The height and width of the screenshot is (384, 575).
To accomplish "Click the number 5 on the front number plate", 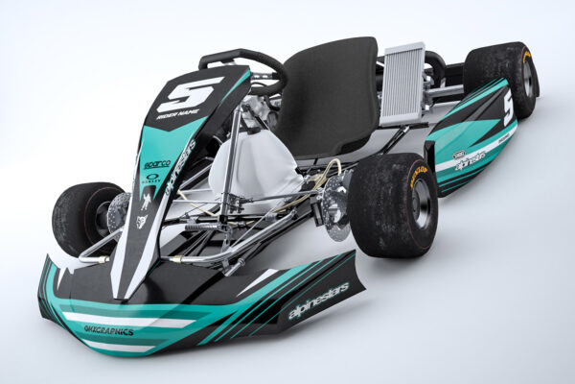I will (x=189, y=93).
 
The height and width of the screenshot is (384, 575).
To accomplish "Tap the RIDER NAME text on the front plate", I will (x=178, y=115).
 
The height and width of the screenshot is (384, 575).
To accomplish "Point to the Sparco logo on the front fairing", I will (x=157, y=165).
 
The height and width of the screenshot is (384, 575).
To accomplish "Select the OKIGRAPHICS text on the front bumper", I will (x=108, y=329).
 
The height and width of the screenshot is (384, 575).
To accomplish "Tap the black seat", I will (x=331, y=96).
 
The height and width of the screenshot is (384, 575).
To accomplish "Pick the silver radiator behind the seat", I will (x=402, y=84).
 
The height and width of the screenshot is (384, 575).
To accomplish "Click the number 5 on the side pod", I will (x=507, y=108).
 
